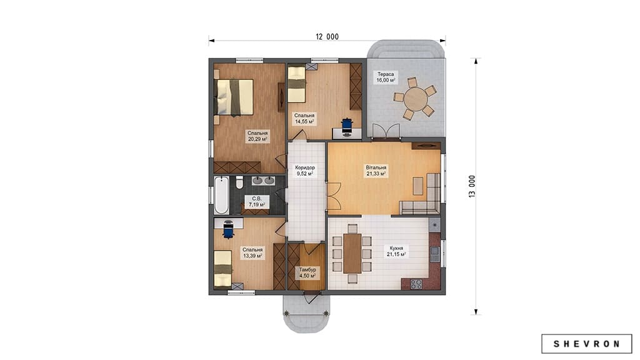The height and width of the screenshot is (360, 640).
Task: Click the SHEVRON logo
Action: [x=586, y=344]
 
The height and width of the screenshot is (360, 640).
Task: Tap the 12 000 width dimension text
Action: [x=327, y=37]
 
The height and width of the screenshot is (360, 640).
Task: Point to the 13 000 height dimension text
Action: [x=472, y=186]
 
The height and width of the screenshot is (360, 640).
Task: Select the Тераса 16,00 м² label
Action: [x=386, y=77]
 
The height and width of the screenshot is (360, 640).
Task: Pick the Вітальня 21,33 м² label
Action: [x=376, y=171]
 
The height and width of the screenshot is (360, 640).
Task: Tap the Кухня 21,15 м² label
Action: [x=396, y=251]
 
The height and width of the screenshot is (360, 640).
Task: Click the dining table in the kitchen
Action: [x=352, y=253]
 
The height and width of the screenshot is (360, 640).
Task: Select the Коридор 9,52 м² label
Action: [x=305, y=171]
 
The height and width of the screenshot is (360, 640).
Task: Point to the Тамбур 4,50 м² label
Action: [x=307, y=272]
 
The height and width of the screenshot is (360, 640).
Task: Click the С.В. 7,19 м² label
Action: [x=257, y=202]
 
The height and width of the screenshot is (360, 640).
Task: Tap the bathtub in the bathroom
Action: [x=222, y=195]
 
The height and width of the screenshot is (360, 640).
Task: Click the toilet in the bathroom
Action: [x=239, y=182]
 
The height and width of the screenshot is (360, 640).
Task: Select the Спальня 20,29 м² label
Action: [x=257, y=136]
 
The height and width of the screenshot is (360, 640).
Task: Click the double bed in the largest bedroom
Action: [x=234, y=97]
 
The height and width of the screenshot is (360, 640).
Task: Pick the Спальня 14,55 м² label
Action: [x=304, y=118]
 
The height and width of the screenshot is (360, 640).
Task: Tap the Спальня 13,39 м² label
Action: [x=252, y=252]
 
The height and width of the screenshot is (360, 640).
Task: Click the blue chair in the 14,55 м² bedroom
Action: [x=347, y=126]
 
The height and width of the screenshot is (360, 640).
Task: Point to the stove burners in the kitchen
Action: [x=416, y=284]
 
